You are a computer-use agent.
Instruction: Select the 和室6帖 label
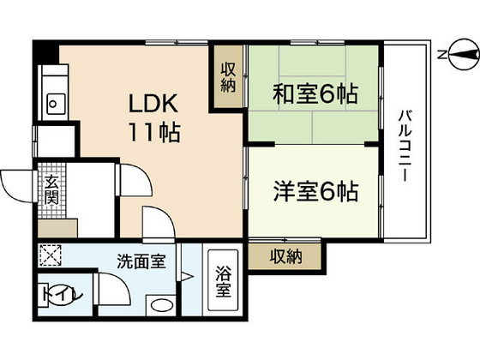tap(315, 93)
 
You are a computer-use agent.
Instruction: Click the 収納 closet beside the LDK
tap(227, 77)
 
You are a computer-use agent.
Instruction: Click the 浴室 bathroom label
tap(222, 282)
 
